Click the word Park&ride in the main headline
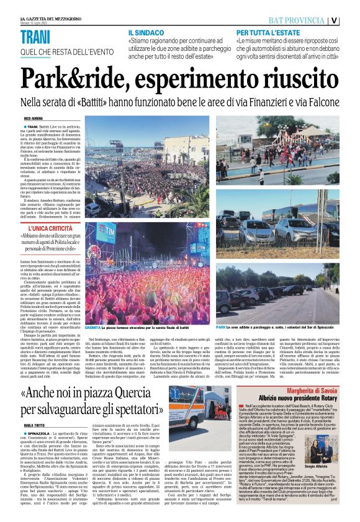73,79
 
